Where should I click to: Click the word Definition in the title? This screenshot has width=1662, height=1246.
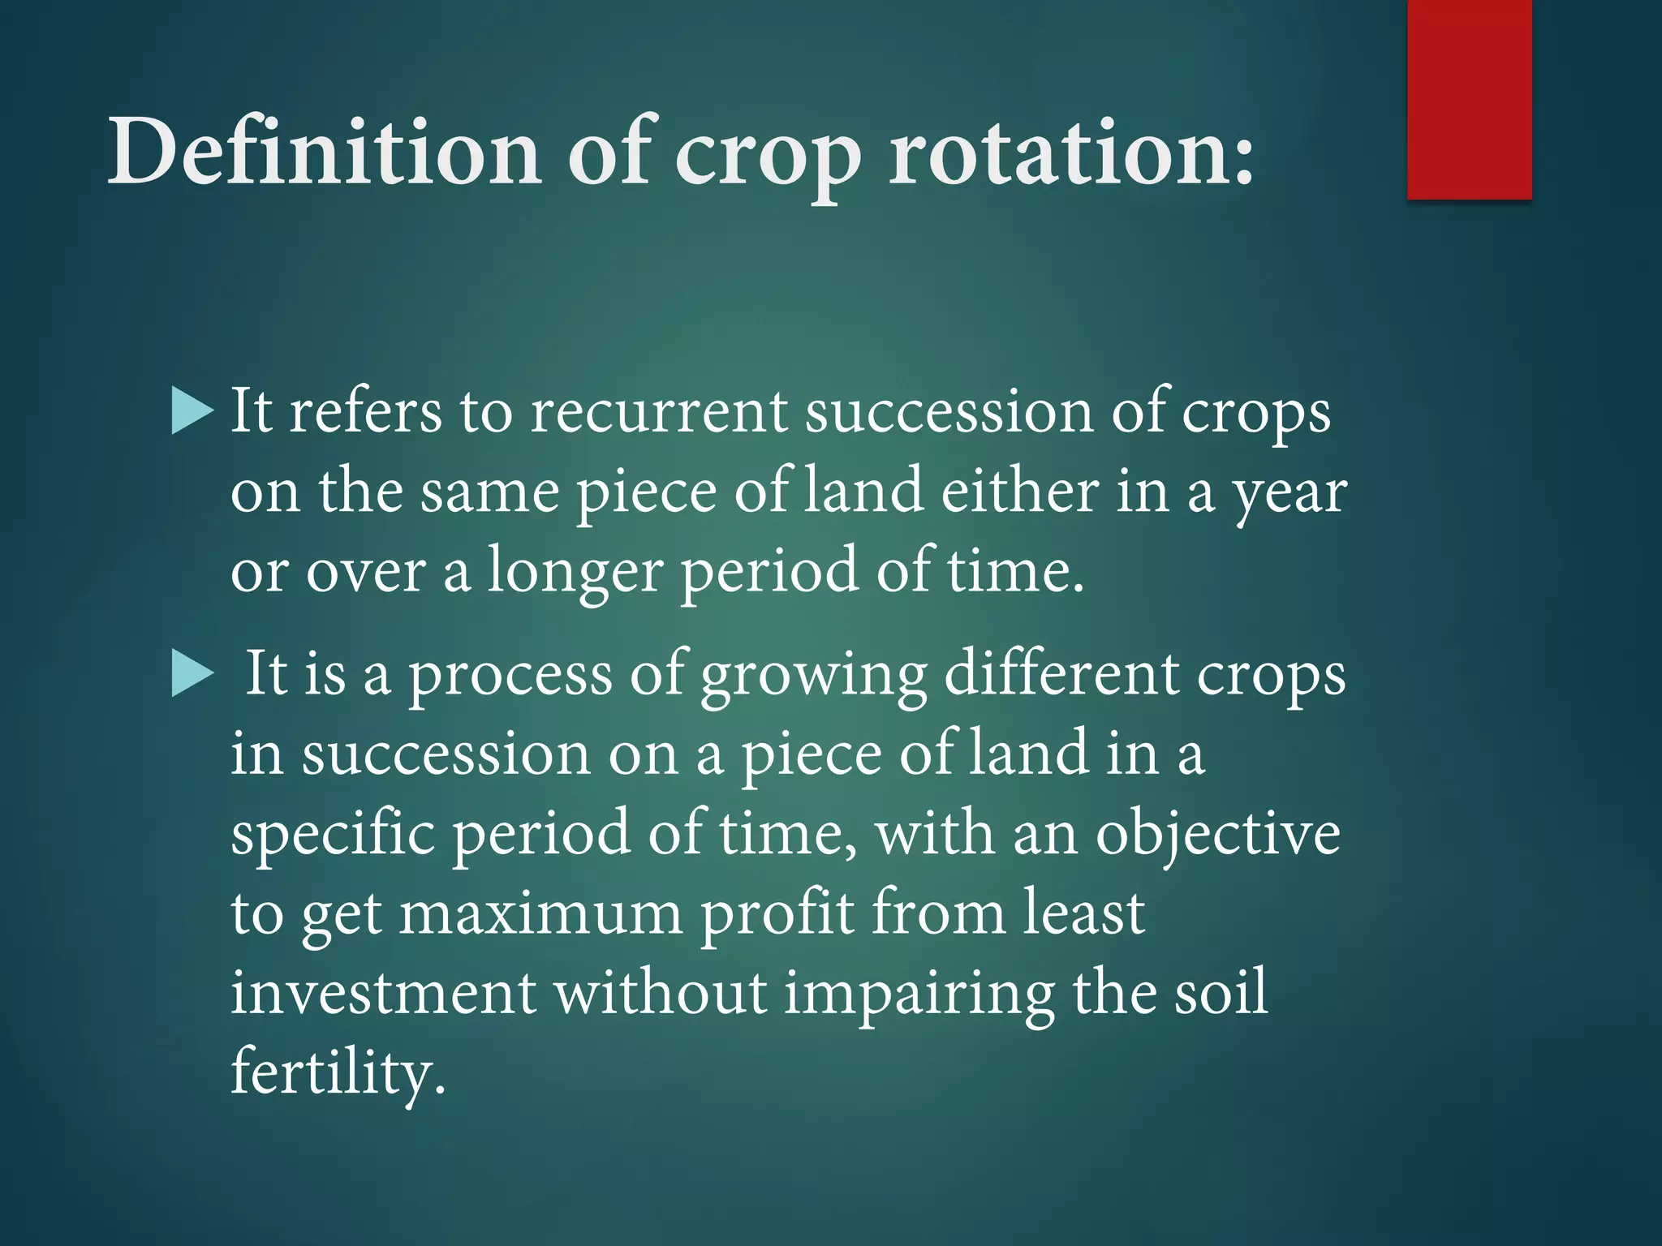325,151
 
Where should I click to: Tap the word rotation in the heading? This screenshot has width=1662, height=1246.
1071,151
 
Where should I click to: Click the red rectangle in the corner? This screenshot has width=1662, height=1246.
1469,99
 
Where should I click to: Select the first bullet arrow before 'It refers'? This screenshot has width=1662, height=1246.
193,411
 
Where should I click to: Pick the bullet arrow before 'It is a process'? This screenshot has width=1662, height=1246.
193,675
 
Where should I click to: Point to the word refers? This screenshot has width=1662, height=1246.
365,411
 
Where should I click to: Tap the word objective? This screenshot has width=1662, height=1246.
1217,834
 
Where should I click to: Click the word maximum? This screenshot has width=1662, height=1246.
540,913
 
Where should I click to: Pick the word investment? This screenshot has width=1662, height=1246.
383,993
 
